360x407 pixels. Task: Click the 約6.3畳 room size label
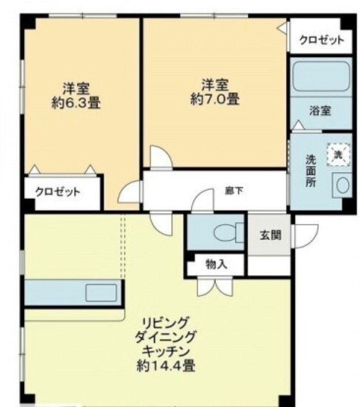click(x=76, y=103)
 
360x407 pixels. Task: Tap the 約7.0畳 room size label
click(x=215, y=98)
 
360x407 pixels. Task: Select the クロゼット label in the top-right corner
click(x=321, y=41)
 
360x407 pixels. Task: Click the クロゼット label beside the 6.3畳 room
click(x=57, y=192)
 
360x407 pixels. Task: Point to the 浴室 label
click(x=320, y=111)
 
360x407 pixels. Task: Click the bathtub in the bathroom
click(x=320, y=78)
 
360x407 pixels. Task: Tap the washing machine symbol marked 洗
click(x=338, y=154)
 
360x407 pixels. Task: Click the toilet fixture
click(x=225, y=233)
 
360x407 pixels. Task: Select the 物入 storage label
click(x=216, y=265)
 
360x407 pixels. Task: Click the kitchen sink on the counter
click(x=100, y=292)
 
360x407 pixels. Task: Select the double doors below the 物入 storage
click(x=215, y=286)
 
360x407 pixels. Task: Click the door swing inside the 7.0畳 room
click(x=161, y=158)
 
